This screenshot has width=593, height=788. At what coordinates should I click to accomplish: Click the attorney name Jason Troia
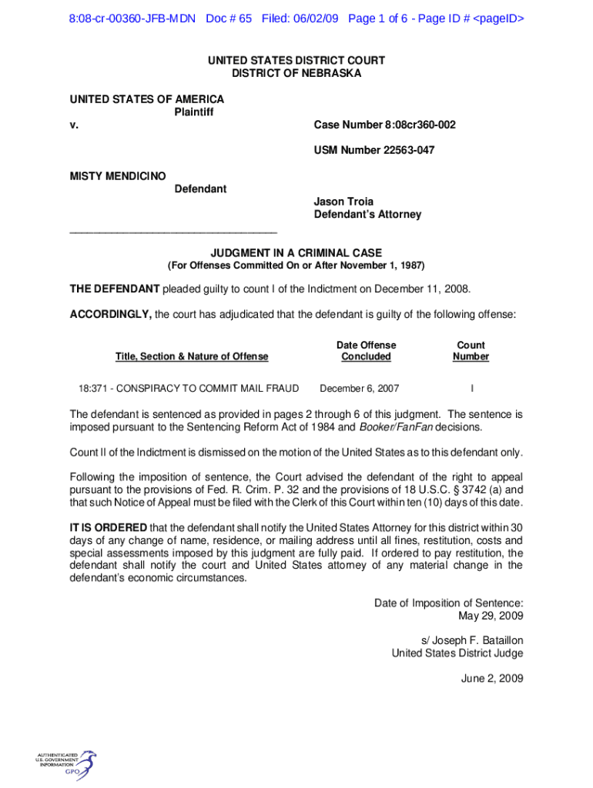pyautogui.click(x=343, y=202)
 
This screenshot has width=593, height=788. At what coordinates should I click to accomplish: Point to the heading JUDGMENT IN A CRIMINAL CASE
pyautogui.click(x=296, y=252)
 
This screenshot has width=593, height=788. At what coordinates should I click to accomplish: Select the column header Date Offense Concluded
pyautogui.click(x=366, y=351)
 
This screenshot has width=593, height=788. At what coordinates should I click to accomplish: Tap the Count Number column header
pyautogui.click(x=471, y=351)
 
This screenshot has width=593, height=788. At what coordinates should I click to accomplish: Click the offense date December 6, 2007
pyautogui.click(x=359, y=388)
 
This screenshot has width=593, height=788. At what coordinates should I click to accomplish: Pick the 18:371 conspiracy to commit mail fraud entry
pyautogui.click(x=189, y=388)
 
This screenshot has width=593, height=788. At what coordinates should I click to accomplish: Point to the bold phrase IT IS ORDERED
pyautogui.click(x=108, y=527)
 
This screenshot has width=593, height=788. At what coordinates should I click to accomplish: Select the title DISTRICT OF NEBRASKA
pyautogui.click(x=296, y=73)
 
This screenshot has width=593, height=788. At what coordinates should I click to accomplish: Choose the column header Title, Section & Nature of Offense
pyautogui.click(x=192, y=356)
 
